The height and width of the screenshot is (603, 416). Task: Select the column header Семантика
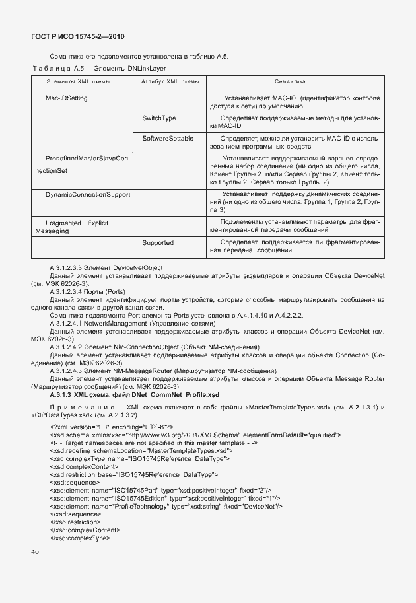290,81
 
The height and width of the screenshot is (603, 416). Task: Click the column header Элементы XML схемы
78,81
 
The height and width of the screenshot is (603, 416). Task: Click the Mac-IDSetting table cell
66,98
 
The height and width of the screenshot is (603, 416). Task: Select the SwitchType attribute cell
159,118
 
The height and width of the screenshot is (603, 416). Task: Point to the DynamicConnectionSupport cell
88,195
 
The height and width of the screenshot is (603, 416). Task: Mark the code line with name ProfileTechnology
166,506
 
